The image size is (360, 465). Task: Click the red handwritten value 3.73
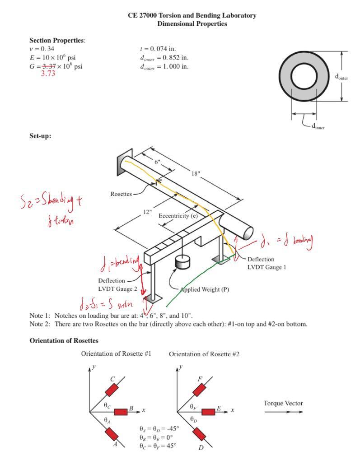click(48, 74)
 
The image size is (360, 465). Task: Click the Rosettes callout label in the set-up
click(121, 194)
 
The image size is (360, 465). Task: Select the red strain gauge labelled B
click(121, 412)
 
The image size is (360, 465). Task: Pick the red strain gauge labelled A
click(111, 434)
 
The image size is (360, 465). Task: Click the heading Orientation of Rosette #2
click(204, 354)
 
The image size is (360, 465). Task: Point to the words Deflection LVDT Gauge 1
click(266, 263)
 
